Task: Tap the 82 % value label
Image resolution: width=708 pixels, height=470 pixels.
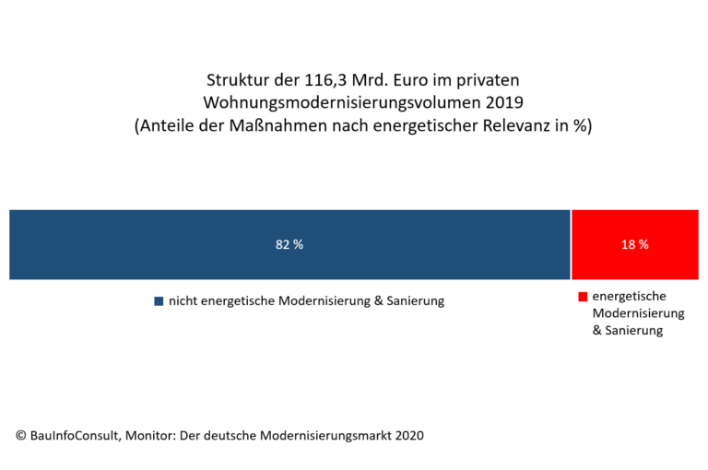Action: pos(289,245)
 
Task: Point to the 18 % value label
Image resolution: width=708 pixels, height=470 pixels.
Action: pos(634,245)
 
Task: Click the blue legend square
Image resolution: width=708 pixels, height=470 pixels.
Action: pos(159,301)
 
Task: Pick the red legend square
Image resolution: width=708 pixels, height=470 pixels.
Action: pos(583,297)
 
